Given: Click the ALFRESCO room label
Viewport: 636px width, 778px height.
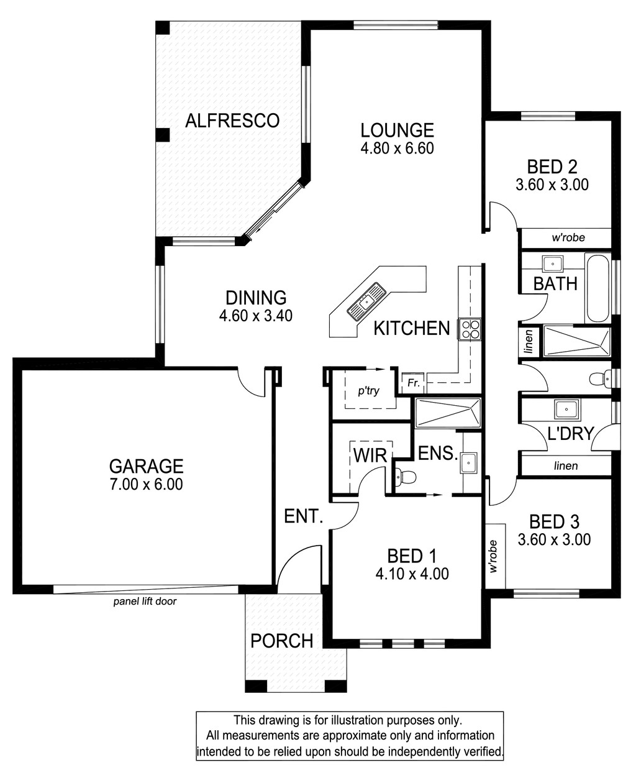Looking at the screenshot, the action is (232, 121).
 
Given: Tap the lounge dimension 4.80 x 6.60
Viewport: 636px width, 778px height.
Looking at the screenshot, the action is (397, 149).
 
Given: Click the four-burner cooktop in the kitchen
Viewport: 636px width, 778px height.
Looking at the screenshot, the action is (470, 329).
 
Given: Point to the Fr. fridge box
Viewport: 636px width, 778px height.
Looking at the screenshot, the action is (413, 383).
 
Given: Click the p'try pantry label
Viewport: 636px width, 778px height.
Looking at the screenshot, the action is (368, 391).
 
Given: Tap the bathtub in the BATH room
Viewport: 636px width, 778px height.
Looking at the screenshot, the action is (597, 288).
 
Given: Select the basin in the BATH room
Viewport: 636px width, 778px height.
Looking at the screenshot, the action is (553, 263).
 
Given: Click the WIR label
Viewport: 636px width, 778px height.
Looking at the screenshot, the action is (370, 455).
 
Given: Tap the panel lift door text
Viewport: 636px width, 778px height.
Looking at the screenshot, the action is (145, 602).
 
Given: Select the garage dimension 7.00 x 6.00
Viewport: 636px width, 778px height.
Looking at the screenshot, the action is (147, 484).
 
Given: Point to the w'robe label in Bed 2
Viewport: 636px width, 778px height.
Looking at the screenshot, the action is (568, 237).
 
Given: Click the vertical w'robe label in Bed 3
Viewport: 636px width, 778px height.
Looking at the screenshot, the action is (494, 557).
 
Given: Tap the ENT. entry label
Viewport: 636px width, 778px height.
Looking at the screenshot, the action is (304, 516).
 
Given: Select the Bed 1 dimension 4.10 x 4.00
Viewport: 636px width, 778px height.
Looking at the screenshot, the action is (412, 574).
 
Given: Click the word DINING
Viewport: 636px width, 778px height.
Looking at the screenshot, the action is (256, 298).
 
